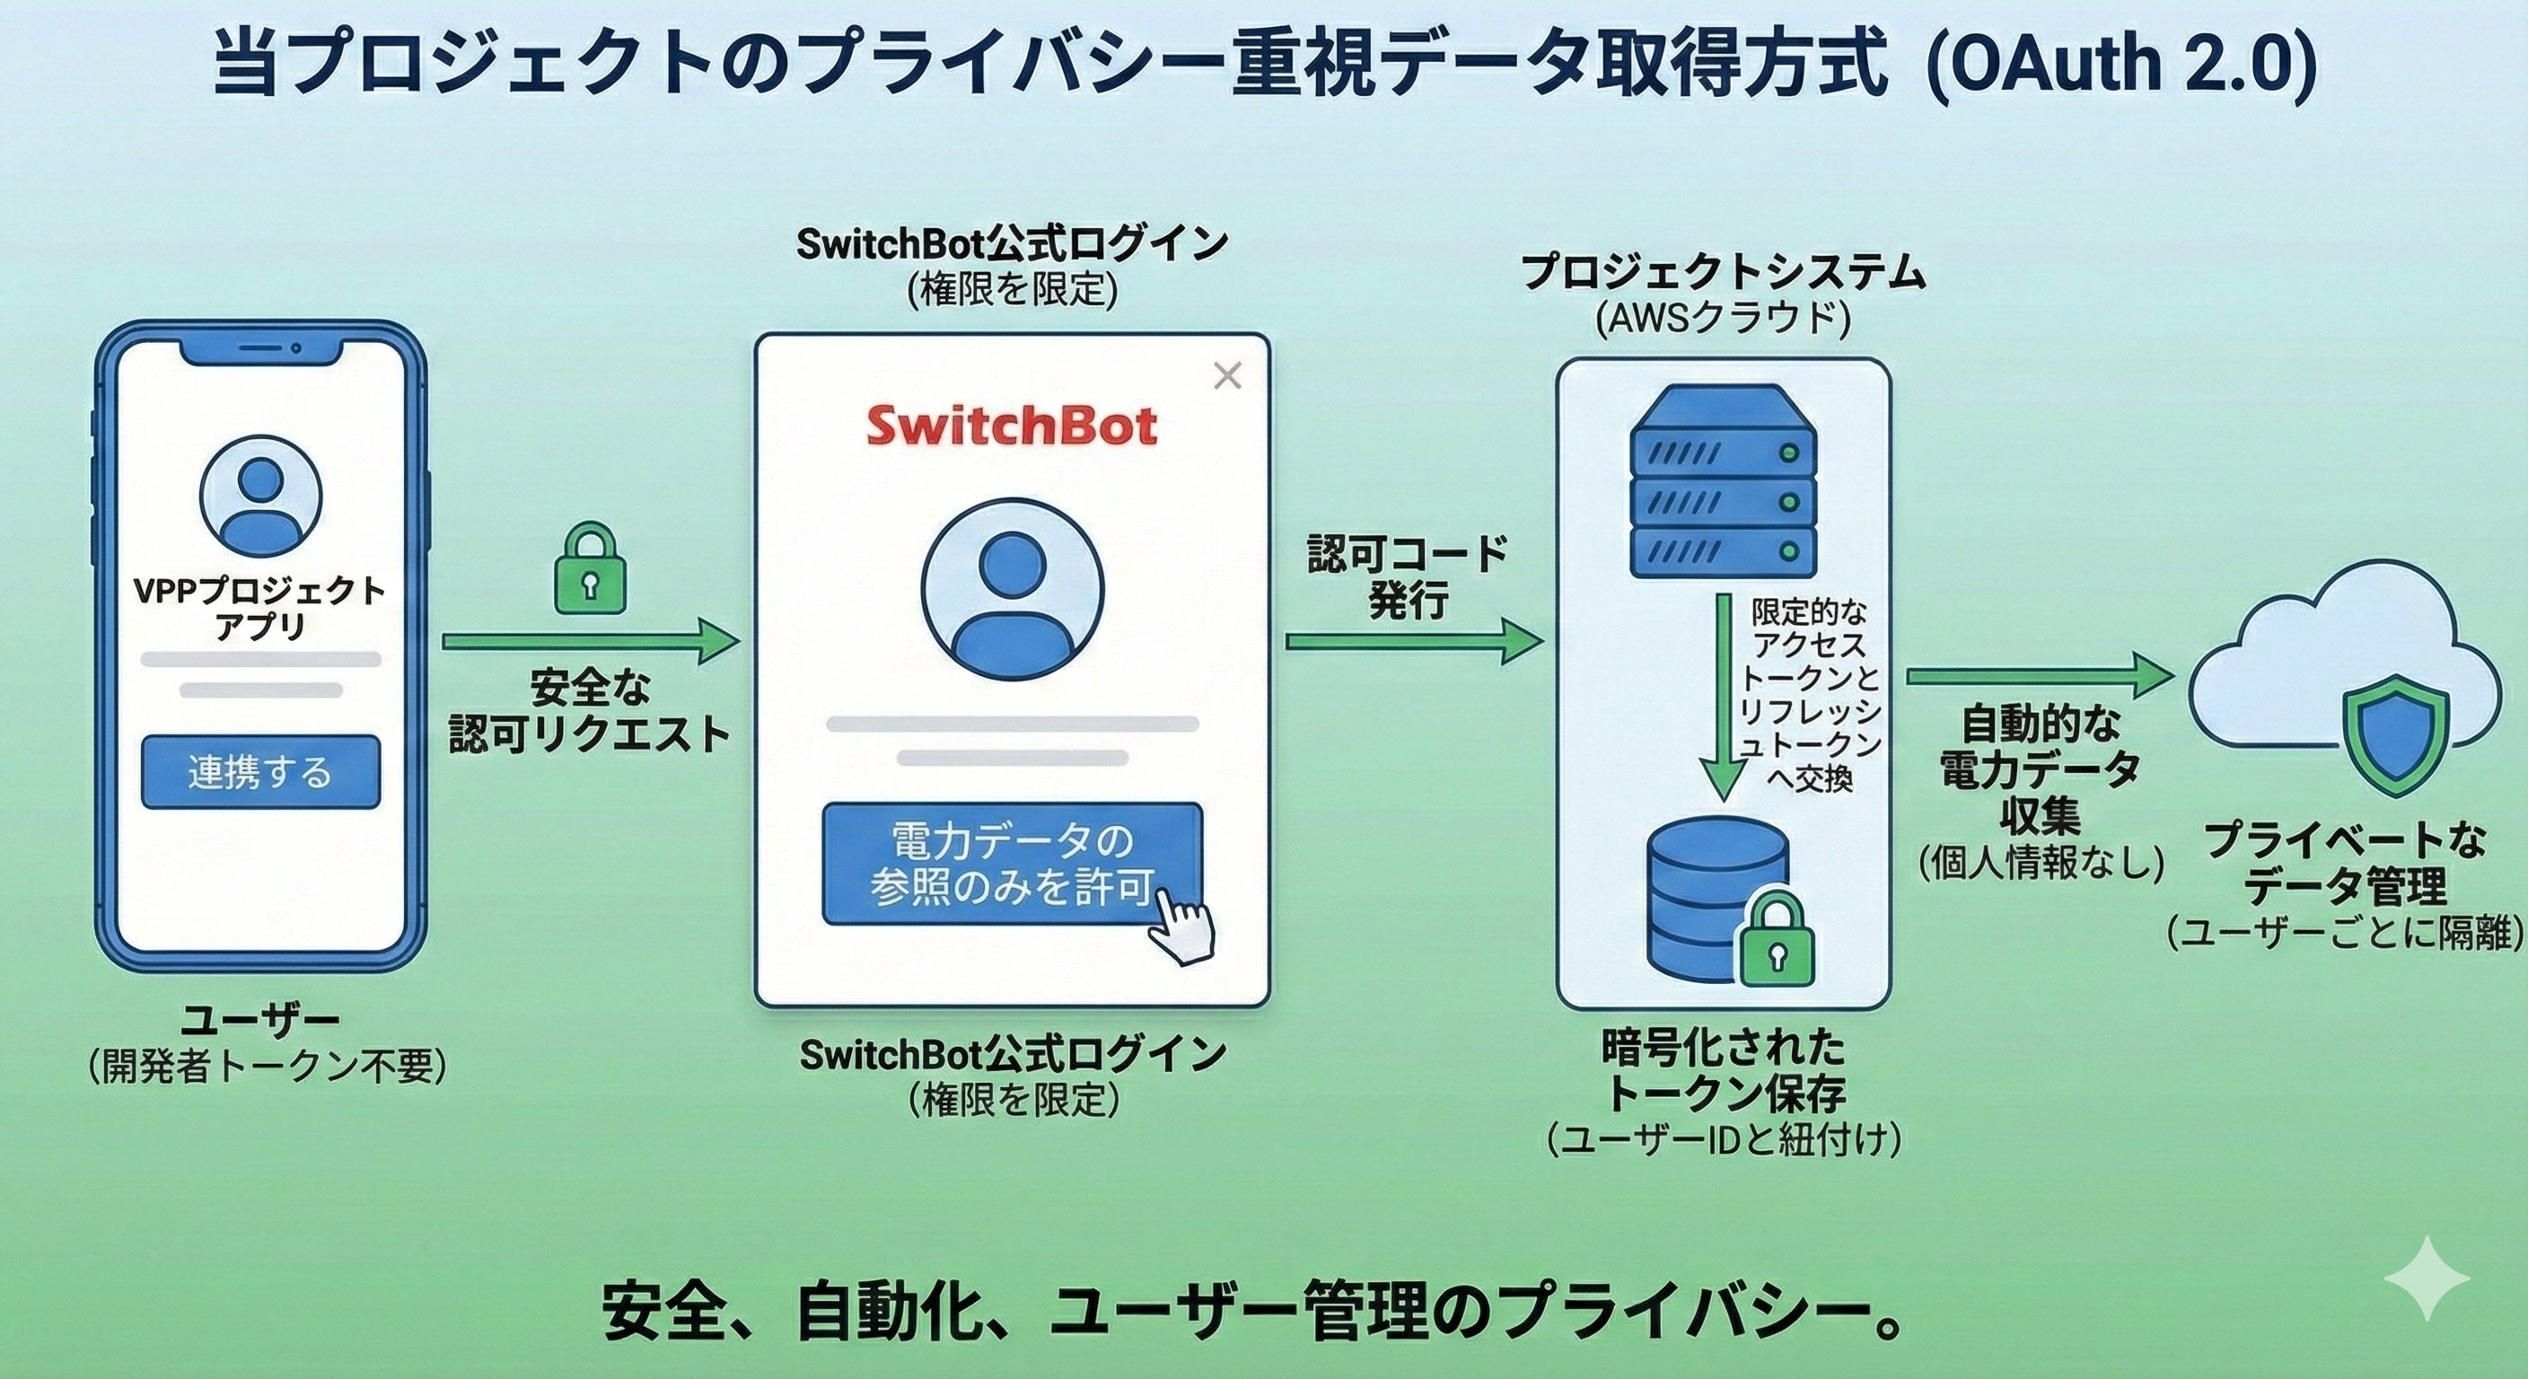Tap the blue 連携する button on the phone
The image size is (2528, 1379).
click(260, 772)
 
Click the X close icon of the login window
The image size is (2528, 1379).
click(1226, 375)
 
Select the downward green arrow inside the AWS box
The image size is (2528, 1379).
click(1723, 697)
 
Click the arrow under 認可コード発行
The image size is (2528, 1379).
click(1413, 642)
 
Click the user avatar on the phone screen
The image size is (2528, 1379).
click(260, 496)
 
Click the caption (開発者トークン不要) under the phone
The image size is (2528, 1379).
click(267, 1067)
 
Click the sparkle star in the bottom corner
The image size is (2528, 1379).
click(2426, 1277)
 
